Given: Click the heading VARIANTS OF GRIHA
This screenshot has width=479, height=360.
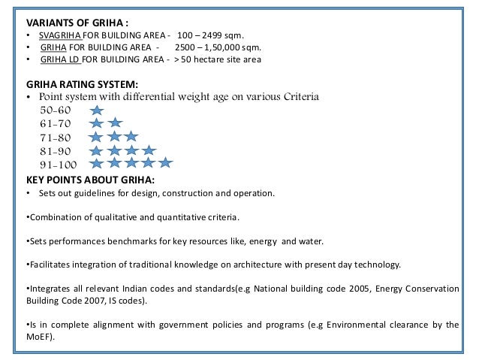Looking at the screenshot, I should point(68,21).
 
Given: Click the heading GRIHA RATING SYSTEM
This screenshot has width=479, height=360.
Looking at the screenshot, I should point(83,84).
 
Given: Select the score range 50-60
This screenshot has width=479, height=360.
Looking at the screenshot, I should point(55,109).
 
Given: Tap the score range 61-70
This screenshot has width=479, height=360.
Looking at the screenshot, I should point(55,123).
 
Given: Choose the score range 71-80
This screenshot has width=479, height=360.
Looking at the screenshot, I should point(55,136).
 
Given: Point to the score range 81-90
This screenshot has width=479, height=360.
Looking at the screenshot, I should point(55,150).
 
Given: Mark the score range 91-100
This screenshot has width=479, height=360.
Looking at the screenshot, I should point(58,164).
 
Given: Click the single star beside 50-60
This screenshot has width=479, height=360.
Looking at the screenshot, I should point(96,110).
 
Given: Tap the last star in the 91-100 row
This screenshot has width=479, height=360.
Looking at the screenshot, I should point(166,163).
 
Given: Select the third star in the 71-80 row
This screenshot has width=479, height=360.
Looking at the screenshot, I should point(131,136).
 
